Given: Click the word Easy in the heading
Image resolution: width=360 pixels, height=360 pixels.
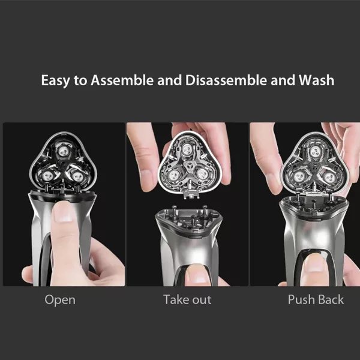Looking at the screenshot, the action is [x=55, y=80].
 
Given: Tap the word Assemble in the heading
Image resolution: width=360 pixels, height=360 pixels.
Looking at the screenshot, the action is [x=122, y=80].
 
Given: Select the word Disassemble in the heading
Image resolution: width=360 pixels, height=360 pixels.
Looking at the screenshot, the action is [x=226, y=80].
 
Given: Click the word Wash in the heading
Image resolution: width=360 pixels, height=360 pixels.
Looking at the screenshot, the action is [x=316, y=80].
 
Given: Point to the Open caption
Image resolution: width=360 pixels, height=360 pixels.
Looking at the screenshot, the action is [x=60, y=300].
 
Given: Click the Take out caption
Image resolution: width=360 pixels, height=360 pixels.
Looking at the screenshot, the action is [x=187, y=299].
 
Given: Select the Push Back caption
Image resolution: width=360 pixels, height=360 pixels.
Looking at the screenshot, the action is [x=316, y=299].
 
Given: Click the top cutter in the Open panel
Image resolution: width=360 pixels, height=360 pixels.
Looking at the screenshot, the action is [x=63, y=151].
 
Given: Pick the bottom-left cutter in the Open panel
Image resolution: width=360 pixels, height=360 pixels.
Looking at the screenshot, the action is [x=47, y=176].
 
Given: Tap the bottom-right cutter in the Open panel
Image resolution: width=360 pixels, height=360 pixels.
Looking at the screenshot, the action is [x=77, y=176].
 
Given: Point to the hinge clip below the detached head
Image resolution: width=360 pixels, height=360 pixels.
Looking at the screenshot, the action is [x=191, y=195].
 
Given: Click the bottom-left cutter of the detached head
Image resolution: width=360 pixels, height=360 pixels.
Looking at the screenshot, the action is [x=173, y=175].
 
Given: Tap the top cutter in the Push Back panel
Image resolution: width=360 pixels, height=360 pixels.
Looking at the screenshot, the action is [x=315, y=152].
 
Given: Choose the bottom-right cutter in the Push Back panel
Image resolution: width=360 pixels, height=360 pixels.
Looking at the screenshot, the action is [x=329, y=177].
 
